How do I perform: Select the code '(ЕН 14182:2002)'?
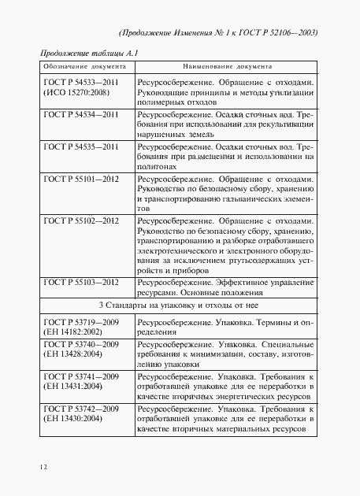(72, 333)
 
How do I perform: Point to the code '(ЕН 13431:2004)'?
(72, 388)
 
